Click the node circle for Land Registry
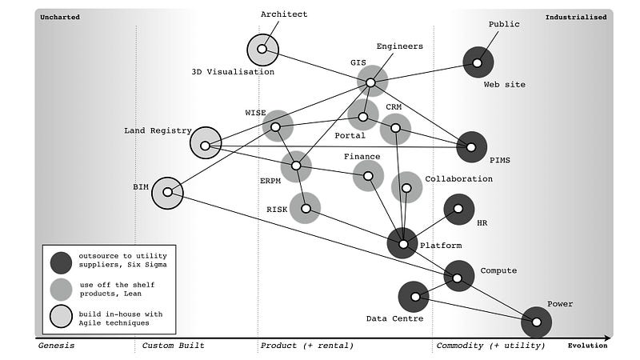(x=206, y=145)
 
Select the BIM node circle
(x=167, y=192)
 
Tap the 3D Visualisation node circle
(x=262, y=50)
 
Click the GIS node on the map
(x=371, y=82)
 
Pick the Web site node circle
(x=478, y=62)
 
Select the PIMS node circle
(x=471, y=146)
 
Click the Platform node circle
(x=402, y=243)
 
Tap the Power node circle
(x=536, y=322)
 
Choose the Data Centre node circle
(x=414, y=297)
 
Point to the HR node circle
(x=458, y=209)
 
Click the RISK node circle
(x=305, y=207)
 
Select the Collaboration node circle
(x=406, y=187)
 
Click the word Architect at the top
(x=284, y=14)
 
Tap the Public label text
(x=504, y=24)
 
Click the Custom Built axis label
(x=173, y=346)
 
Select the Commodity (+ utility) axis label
(x=490, y=346)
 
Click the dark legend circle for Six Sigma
(x=60, y=262)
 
